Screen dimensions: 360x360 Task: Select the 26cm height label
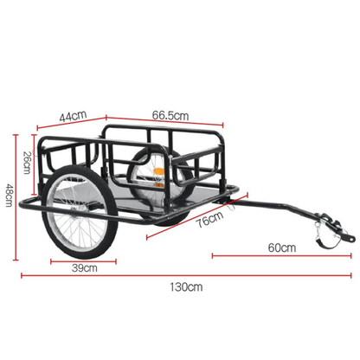click(x=26, y=161)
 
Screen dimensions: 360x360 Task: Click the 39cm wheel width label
click(x=84, y=268)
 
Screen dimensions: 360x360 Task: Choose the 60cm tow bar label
click(x=281, y=247)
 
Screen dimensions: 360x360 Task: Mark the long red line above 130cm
click(x=182, y=277)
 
